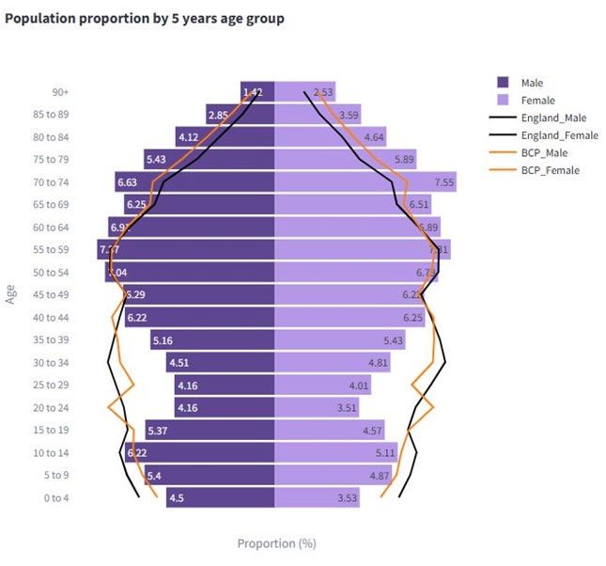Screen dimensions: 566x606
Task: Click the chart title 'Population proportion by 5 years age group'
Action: pos(145,19)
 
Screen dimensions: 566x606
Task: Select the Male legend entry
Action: pos(532,83)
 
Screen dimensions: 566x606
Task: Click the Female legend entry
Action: pos(537,101)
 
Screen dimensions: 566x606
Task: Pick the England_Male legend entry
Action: pos(552,118)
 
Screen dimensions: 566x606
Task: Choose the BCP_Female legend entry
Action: pos(550,170)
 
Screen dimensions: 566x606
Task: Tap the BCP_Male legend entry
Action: pos(545,152)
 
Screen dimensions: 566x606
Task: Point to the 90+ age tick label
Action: pos(61,92)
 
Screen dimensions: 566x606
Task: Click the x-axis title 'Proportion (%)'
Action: pos(276,543)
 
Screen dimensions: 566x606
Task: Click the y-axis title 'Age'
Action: pos(12,294)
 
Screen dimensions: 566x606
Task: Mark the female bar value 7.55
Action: pos(444,182)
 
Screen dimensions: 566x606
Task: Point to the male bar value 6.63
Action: pos(127,182)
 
